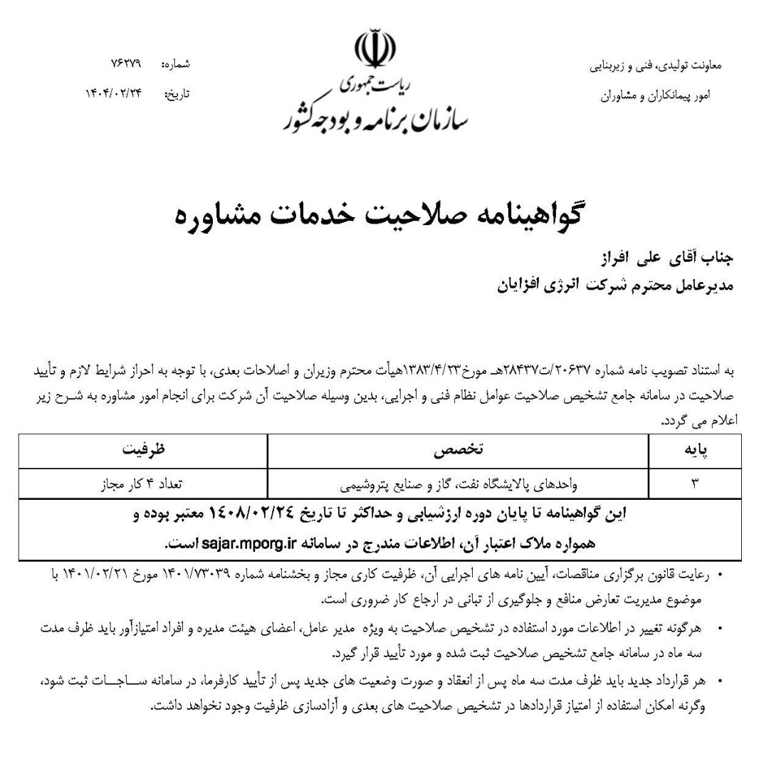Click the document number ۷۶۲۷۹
[x=126, y=63]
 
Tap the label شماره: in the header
[x=176, y=64]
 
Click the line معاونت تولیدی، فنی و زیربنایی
[x=656, y=66]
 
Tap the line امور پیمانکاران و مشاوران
[x=660, y=94]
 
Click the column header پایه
[x=695, y=450]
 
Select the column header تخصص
[x=459, y=450]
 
